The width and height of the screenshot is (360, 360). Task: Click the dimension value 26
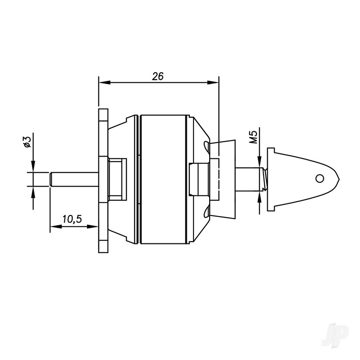[x=158, y=76]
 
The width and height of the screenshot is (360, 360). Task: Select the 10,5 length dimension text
[x=72, y=219]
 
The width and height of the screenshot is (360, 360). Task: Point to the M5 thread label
[x=254, y=138]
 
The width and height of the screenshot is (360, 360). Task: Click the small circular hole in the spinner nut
[x=319, y=178]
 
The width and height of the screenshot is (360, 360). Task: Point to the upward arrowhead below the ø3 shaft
[x=33, y=192]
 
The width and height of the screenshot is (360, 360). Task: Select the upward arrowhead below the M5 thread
[x=259, y=195]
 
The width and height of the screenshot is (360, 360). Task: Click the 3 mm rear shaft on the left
[x=74, y=179]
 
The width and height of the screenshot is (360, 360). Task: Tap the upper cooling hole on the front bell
[x=206, y=145]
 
